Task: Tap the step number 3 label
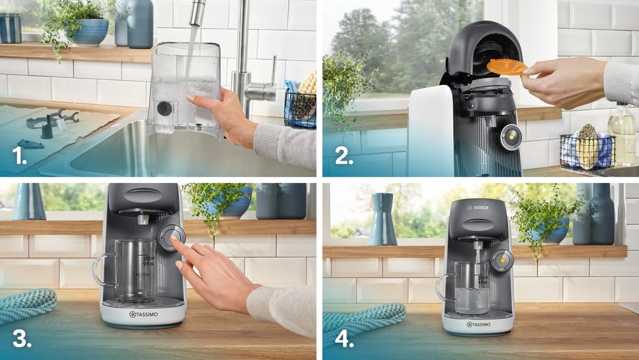tap(21, 338)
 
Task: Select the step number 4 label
tap(344, 338)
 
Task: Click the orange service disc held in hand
tap(506, 67)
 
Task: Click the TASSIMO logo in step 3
tap(143, 315)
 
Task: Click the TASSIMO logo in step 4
tap(479, 325)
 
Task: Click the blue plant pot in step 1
tap(89, 32)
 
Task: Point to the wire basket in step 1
tap(300, 109)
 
